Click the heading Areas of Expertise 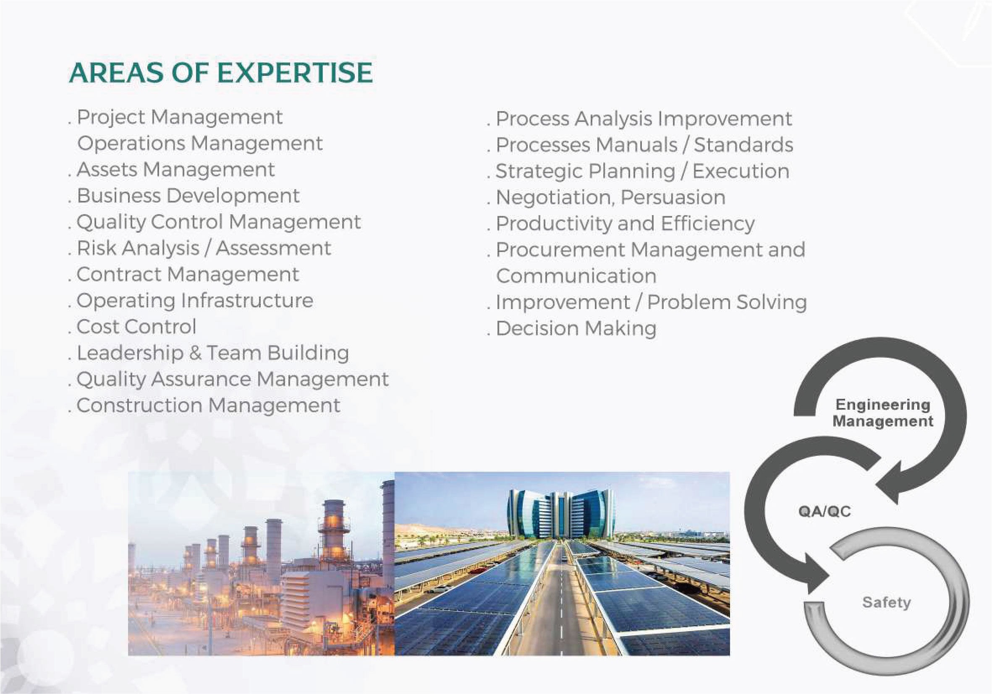pyautogui.click(x=221, y=73)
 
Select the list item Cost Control pyautogui.click(x=136, y=327)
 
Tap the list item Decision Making pyautogui.click(x=576, y=329)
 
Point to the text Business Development pyautogui.click(x=188, y=196)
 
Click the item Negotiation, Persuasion pyautogui.click(x=610, y=198)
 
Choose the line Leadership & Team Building pyautogui.click(x=213, y=353)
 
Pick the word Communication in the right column pyautogui.click(x=576, y=276)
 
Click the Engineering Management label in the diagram pyautogui.click(x=883, y=413)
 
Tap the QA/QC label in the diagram pyautogui.click(x=825, y=512)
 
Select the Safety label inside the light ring pyautogui.click(x=887, y=603)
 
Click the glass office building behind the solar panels pyautogui.click(x=560, y=514)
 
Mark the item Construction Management pyautogui.click(x=208, y=405)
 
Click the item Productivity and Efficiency pyautogui.click(x=625, y=224)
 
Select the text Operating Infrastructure pyautogui.click(x=195, y=301)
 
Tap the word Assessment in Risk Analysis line pyautogui.click(x=273, y=248)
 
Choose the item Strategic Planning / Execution pyautogui.click(x=642, y=172)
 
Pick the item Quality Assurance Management pyautogui.click(x=233, y=380)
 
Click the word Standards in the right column pyautogui.click(x=743, y=145)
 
